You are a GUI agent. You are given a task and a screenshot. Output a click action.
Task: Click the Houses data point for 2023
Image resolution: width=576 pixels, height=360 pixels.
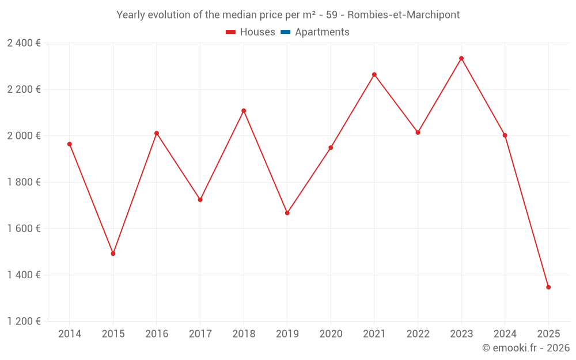pyautogui.click(x=461, y=58)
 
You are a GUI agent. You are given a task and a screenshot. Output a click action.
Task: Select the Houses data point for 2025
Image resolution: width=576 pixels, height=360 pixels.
pyautogui.click(x=548, y=287)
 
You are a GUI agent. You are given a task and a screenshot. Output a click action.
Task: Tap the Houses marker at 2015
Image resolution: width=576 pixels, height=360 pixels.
pyautogui.click(x=113, y=253)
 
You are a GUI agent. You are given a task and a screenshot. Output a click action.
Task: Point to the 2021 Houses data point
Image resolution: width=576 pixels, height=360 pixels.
pyautogui.click(x=374, y=74)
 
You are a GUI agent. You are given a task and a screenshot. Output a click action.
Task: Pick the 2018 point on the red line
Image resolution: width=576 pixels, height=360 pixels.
pyautogui.click(x=244, y=111)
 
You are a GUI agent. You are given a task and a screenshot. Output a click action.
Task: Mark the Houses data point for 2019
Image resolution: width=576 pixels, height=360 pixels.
pyautogui.click(x=287, y=213)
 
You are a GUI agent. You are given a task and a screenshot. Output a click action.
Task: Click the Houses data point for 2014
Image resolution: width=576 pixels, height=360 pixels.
pyautogui.click(x=70, y=144)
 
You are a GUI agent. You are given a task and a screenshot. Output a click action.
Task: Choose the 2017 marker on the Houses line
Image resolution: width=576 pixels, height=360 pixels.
pyautogui.click(x=200, y=200)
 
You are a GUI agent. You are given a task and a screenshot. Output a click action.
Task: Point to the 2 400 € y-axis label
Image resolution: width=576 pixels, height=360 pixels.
pyautogui.click(x=24, y=43)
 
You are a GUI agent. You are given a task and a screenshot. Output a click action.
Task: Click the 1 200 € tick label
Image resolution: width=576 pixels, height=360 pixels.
pyautogui.click(x=24, y=321)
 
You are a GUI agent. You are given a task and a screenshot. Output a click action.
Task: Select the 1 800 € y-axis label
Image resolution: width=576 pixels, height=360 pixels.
pyautogui.click(x=24, y=182)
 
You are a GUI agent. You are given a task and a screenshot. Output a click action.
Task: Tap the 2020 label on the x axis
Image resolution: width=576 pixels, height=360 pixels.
pyautogui.click(x=331, y=334)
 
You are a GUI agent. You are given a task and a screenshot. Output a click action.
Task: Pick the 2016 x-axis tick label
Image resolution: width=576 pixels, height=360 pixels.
pyautogui.click(x=157, y=334)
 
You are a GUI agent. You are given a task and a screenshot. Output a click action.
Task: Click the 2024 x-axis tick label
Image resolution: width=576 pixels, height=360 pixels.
pyautogui.click(x=505, y=334)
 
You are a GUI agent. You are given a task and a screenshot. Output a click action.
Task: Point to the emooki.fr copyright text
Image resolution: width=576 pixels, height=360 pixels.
pyautogui.click(x=525, y=348)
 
